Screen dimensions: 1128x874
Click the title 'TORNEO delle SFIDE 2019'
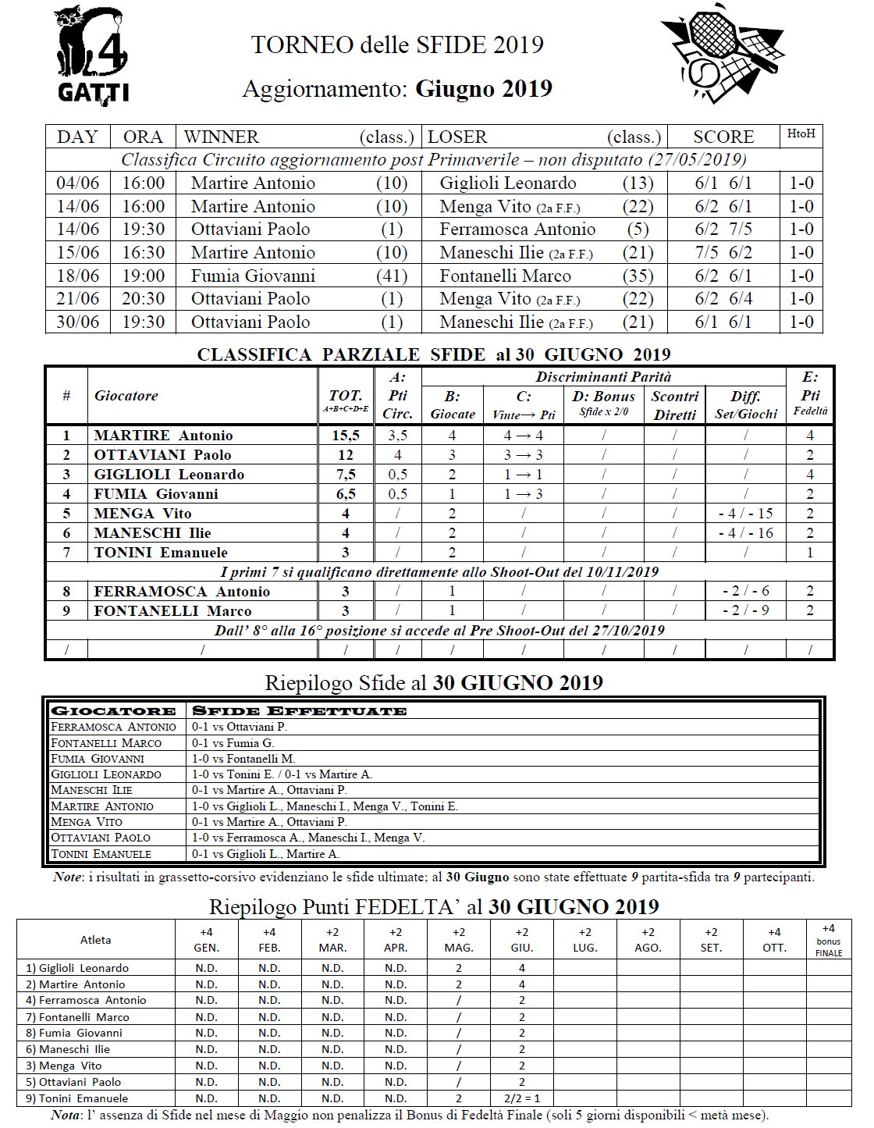pos(397,44)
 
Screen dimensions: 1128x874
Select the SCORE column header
pos(723,137)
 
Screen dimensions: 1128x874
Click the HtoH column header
pos(801,134)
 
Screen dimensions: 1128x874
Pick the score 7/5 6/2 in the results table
pos(723,252)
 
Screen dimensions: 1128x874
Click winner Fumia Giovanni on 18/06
pos(253,276)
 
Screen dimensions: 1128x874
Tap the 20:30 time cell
pos(144,298)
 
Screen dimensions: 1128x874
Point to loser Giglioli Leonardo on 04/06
pos(508,183)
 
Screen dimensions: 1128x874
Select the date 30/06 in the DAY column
pos(78,322)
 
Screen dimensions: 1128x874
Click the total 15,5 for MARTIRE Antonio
pos(345,436)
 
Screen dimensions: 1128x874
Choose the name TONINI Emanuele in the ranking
pos(161,552)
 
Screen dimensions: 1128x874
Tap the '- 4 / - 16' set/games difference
pos(745,532)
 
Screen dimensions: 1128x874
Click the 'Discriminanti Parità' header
pos(603,377)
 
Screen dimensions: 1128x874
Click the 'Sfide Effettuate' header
pos(300,710)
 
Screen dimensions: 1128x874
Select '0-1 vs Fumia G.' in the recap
pos(233,742)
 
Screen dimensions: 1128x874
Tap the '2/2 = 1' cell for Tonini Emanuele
pos(522,1098)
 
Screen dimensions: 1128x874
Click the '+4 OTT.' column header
pos(774,939)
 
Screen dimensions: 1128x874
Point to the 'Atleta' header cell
pos(96,940)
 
